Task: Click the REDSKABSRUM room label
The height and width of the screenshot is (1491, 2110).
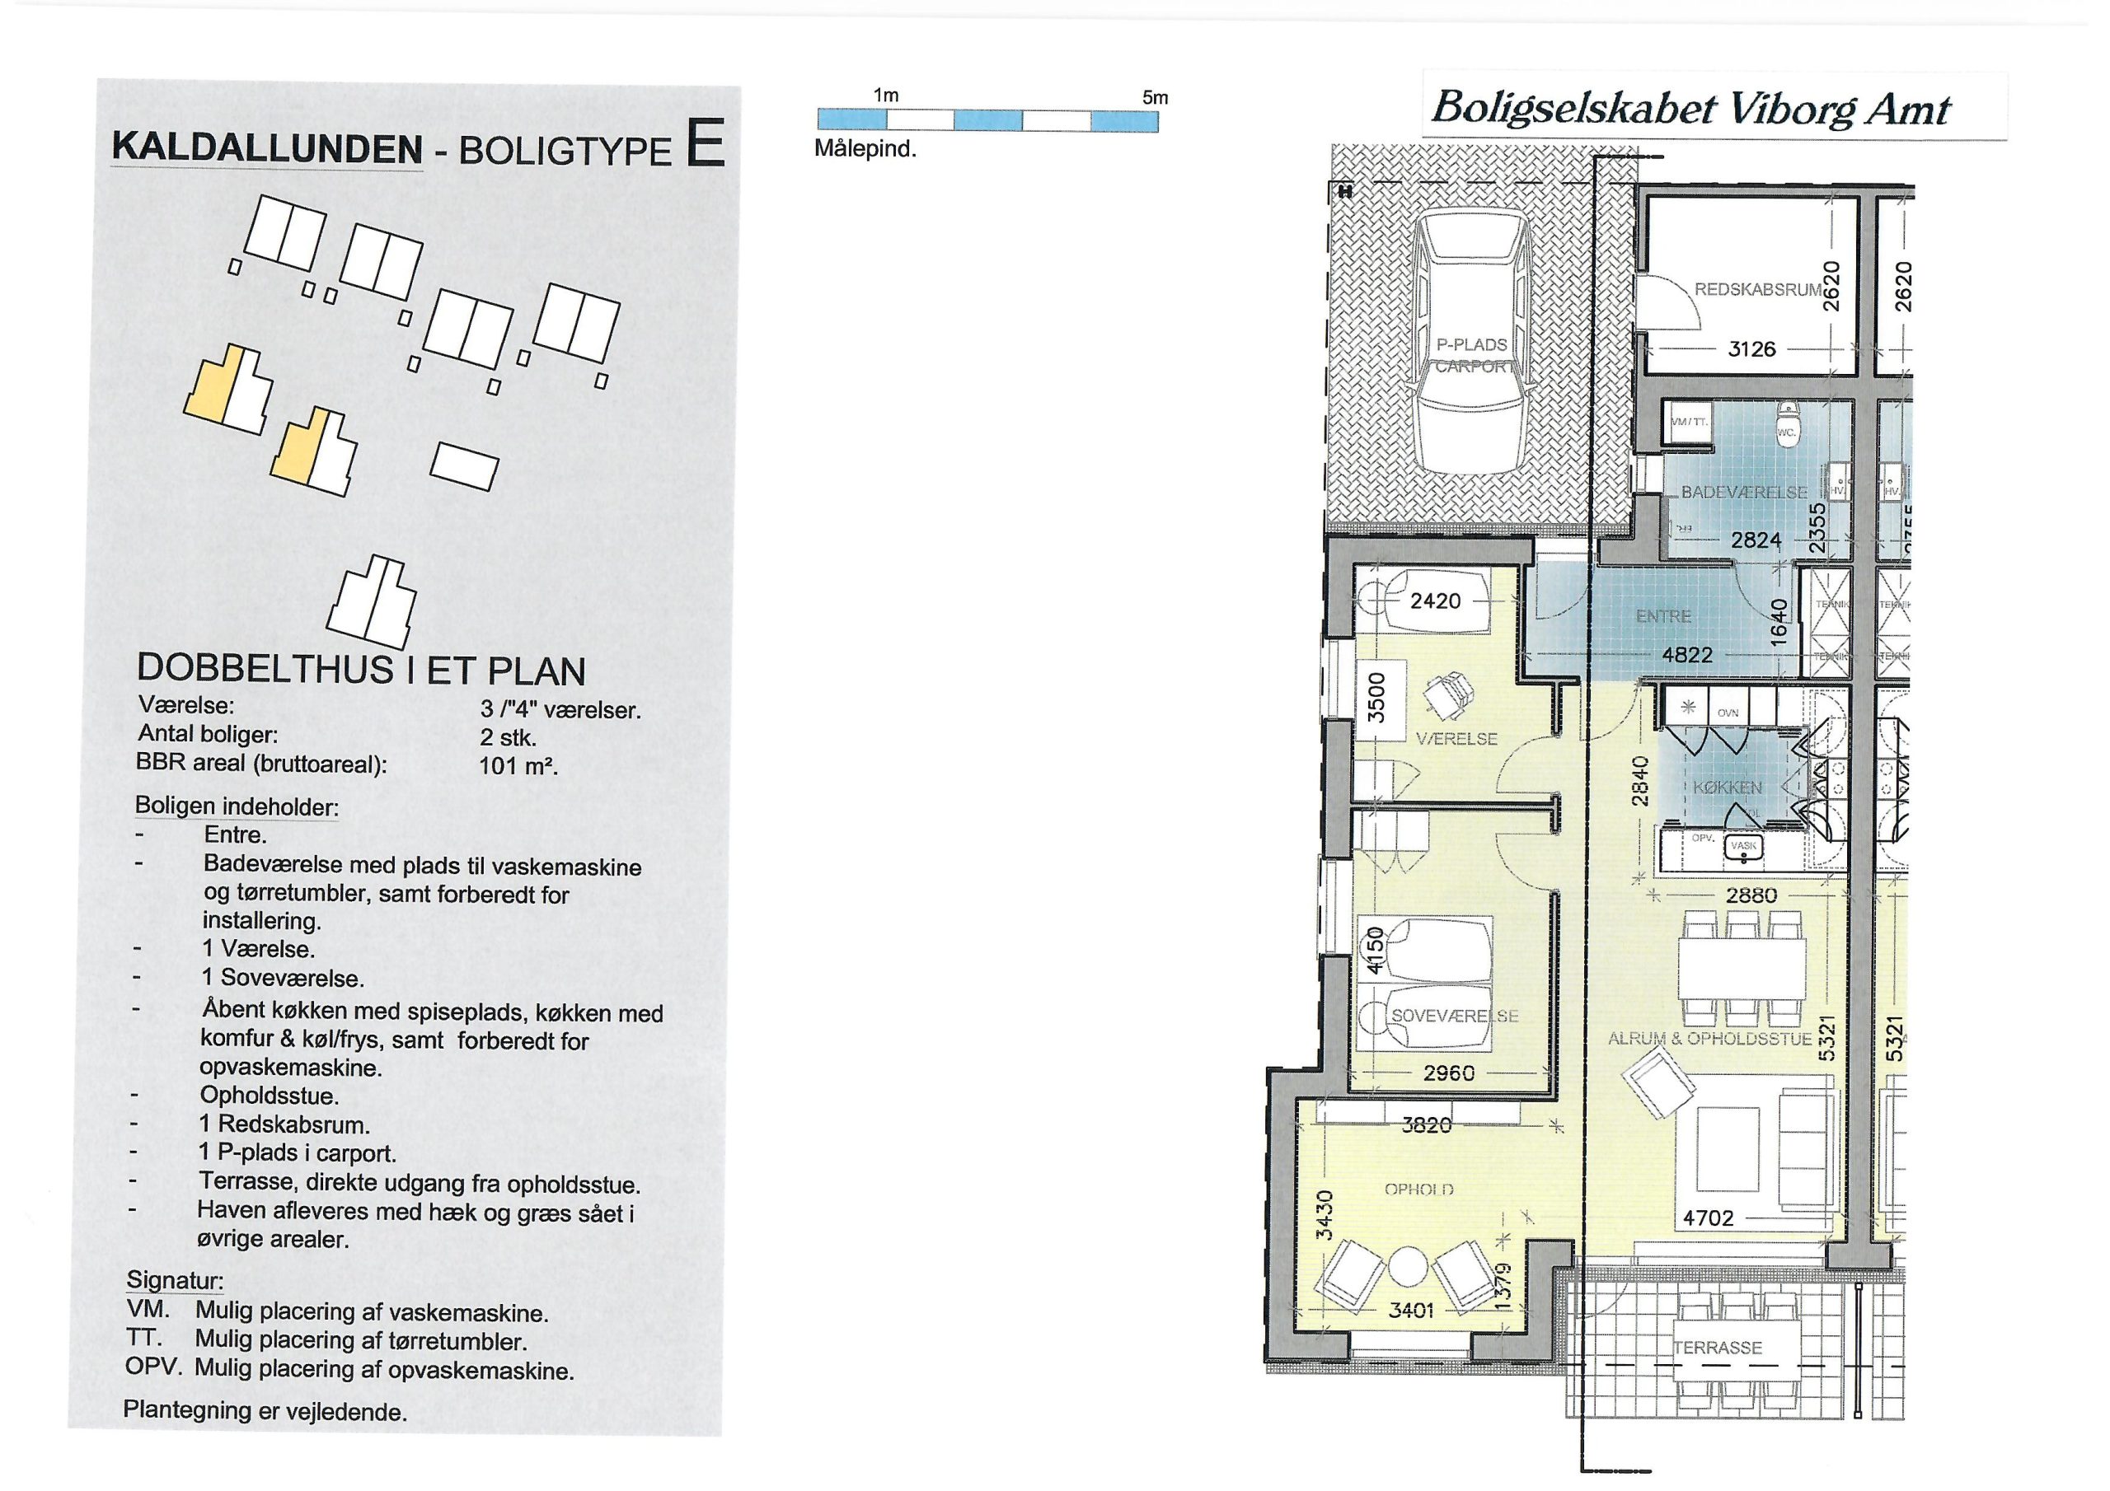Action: (x=1756, y=289)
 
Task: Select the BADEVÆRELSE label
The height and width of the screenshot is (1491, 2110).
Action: (x=1743, y=493)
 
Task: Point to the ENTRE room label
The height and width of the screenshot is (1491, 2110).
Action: (x=1663, y=616)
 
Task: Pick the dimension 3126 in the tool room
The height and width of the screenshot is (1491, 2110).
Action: (x=1751, y=349)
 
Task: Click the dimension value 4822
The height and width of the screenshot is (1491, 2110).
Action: (x=1687, y=655)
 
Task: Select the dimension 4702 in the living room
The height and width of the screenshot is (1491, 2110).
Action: (x=1708, y=1218)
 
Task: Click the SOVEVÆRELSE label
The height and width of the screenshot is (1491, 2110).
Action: (x=1455, y=1016)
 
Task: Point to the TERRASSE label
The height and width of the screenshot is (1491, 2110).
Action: (x=1717, y=1348)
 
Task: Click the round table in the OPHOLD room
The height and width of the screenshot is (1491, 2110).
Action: (x=1408, y=1269)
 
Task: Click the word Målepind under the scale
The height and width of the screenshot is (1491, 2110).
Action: (x=865, y=150)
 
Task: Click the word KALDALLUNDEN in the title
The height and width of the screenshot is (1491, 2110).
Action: (x=266, y=149)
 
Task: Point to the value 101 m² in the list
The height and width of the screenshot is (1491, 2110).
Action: (x=518, y=765)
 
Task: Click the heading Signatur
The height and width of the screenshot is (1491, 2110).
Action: (x=175, y=1281)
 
